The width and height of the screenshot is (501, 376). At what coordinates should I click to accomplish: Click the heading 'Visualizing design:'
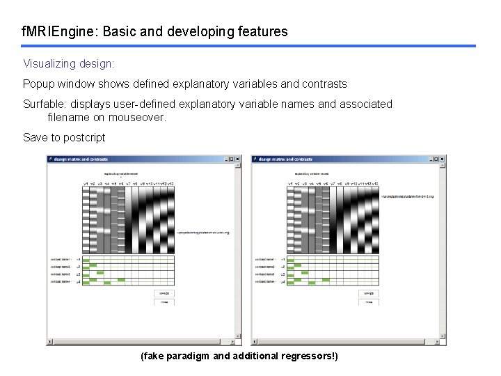68,63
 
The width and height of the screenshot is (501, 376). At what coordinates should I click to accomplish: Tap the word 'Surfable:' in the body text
45,104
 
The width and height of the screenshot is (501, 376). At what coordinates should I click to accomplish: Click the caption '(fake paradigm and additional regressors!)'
239,356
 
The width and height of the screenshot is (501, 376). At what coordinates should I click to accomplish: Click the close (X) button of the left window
237,159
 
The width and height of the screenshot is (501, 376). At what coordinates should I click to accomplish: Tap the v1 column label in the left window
86,183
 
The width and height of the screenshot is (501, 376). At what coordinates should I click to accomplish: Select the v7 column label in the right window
333,183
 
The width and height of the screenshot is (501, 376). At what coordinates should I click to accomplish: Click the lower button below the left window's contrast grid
164,302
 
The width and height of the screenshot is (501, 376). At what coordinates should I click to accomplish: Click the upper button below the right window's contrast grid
368,293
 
